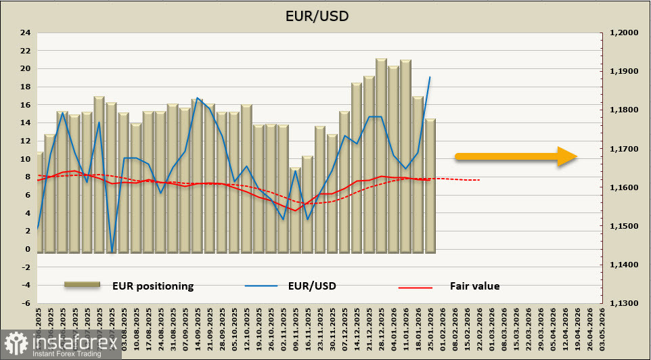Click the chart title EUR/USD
coord(325,15)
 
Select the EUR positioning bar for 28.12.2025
coord(381,156)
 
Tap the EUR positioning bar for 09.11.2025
coord(295,210)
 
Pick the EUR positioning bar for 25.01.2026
coord(430,186)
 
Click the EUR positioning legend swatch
coord(82,286)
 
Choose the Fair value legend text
coord(474,286)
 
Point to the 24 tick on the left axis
coord(26,32)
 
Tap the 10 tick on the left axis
coord(26,159)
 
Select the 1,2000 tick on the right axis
coord(624,32)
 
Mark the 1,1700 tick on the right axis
coord(624,149)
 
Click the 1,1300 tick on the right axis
coord(624,303)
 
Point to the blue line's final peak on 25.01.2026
coord(430,77)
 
